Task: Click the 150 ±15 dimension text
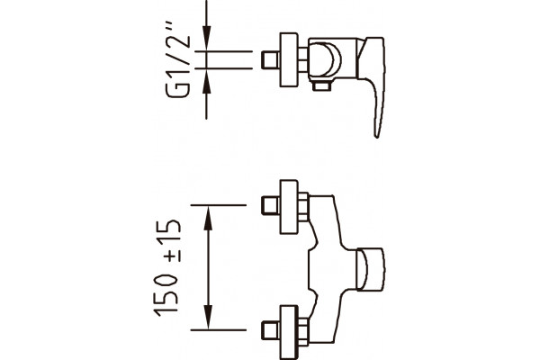pos(167,267)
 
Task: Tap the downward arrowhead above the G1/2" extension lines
pos(206,37)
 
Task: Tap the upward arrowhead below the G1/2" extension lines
pos(206,83)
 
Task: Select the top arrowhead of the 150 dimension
pos(208,218)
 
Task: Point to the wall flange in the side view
pos(289,59)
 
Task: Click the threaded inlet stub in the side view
pos(271,60)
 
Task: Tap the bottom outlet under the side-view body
pos(321,85)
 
